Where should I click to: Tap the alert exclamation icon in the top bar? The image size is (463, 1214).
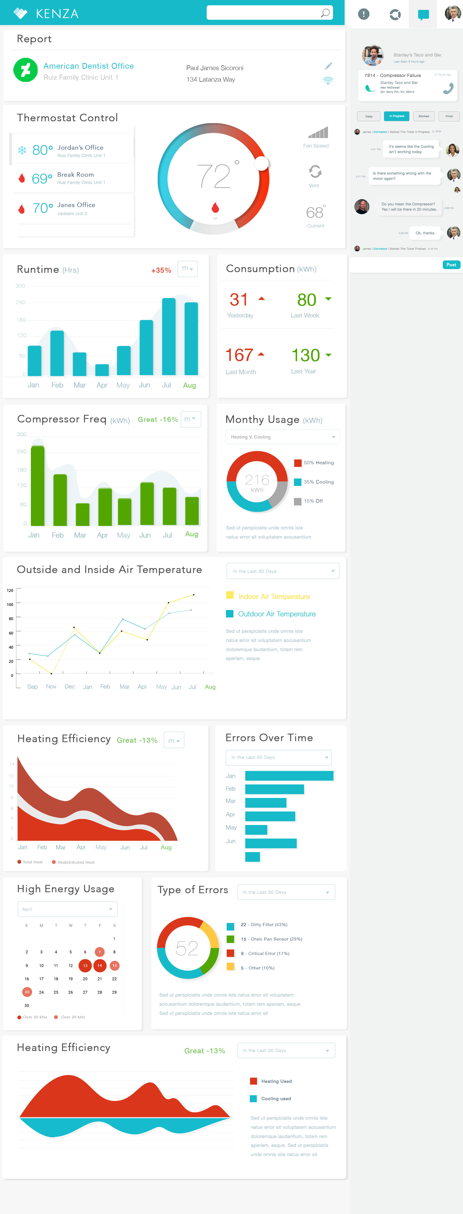(363, 14)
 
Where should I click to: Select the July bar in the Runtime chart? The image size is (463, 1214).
(168, 337)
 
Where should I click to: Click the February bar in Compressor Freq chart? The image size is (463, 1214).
(60, 500)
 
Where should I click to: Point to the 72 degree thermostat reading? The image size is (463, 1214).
(215, 176)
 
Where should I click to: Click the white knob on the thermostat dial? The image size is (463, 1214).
(261, 163)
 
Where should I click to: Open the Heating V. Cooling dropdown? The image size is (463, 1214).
(282, 437)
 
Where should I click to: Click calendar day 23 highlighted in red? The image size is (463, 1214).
(27, 992)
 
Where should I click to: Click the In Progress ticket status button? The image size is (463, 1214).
(396, 116)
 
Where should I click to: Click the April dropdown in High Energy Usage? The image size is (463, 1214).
(68, 909)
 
